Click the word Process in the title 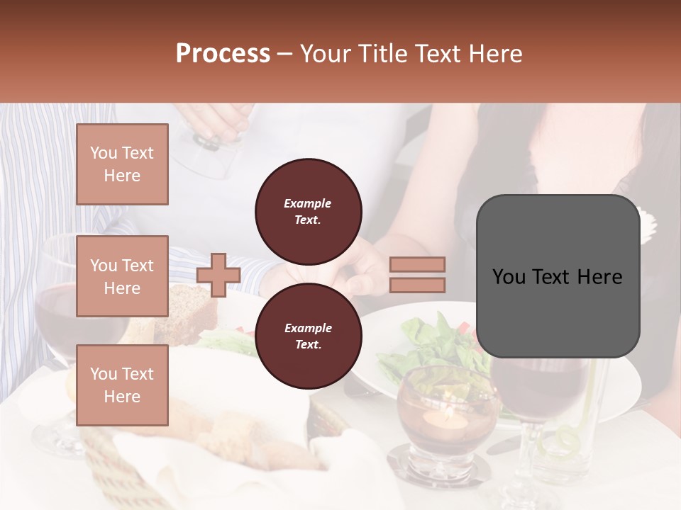click(x=223, y=54)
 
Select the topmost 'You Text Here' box click(x=122, y=164)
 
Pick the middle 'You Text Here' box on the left click(x=122, y=276)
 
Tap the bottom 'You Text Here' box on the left click(x=122, y=385)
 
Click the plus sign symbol click(x=218, y=275)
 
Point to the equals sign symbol click(x=418, y=275)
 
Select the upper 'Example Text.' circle click(x=308, y=211)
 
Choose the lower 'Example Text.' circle click(x=308, y=336)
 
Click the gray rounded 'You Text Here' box click(x=558, y=276)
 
